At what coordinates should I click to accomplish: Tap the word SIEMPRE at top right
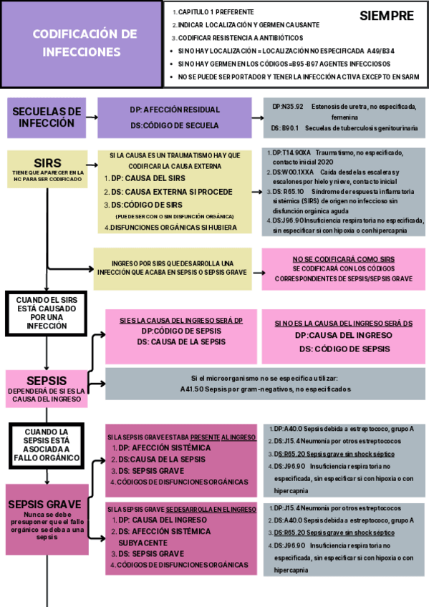pos(386,16)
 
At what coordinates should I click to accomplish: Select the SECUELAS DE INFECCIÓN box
pos(47,117)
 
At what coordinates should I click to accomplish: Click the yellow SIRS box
pos(47,169)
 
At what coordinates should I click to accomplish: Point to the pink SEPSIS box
pos(47,387)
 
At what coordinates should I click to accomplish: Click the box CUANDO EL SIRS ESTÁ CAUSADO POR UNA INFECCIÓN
pos(47,313)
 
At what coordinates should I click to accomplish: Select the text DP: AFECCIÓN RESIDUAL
pos(174,111)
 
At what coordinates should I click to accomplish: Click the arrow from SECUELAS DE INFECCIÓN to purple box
pos(91,117)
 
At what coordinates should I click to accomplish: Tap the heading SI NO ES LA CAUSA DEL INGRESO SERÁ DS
pos(343,323)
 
